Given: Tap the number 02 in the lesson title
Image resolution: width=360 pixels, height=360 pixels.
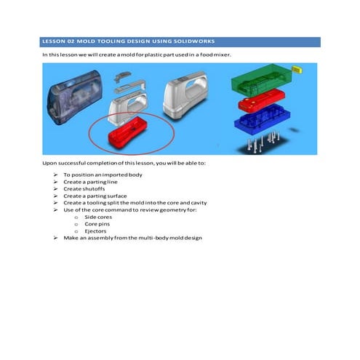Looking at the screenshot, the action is (x=71, y=41).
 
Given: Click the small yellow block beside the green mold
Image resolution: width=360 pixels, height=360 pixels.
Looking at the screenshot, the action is (x=297, y=69).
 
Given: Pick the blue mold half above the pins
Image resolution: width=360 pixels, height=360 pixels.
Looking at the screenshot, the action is (x=263, y=119).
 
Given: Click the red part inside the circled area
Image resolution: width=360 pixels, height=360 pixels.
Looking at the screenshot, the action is (x=127, y=132).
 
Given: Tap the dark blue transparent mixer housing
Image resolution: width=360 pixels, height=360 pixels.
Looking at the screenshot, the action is (x=74, y=97).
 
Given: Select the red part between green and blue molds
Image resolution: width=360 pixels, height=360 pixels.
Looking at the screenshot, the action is (x=261, y=100).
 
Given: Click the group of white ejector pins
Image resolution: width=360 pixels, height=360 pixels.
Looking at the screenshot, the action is (x=263, y=142).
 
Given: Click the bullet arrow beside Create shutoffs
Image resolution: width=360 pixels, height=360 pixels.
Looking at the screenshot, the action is (x=55, y=189).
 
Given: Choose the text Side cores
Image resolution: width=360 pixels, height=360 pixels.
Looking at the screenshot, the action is (x=98, y=217).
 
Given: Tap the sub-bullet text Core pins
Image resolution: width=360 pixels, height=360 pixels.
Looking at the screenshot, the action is (x=97, y=224).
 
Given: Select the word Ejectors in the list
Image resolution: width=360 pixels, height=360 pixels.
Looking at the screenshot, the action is (x=95, y=231).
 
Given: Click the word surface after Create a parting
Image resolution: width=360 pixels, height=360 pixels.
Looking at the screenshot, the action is (x=117, y=196).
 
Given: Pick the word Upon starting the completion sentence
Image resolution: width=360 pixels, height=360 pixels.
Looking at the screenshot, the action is (x=49, y=163).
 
